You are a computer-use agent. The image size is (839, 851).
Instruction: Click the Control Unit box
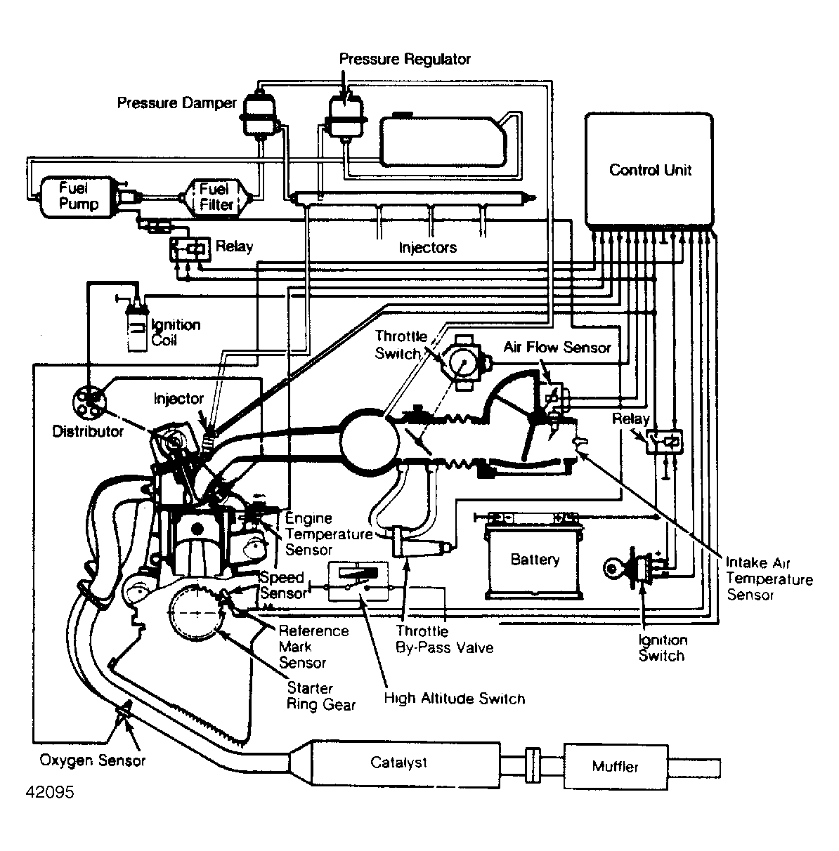[649, 170]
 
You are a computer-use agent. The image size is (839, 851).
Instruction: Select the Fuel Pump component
[78, 197]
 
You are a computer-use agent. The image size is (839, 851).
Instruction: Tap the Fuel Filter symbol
[215, 198]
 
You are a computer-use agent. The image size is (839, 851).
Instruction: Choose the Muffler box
[616, 767]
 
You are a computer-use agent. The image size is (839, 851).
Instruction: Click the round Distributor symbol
[89, 402]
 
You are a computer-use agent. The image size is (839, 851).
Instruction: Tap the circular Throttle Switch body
[464, 363]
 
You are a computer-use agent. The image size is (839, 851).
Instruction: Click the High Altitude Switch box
[358, 581]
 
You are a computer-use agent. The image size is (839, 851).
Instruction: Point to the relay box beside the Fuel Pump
[190, 249]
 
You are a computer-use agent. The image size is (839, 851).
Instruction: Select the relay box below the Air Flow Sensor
[665, 442]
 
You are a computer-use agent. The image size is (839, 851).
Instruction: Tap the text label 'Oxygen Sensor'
[92, 760]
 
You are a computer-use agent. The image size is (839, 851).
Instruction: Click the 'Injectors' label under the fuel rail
[427, 247]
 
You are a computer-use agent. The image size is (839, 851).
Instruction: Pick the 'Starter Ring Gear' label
[321, 696]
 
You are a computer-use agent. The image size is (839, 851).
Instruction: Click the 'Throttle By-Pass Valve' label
[444, 640]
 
